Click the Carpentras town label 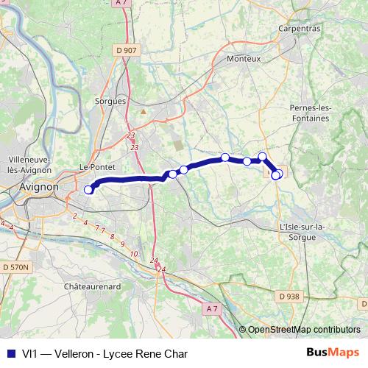[x=300, y=28]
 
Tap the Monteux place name [x=244, y=58]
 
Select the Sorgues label [x=111, y=101]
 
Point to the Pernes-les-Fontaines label [x=311, y=113]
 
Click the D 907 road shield [x=126, y=50]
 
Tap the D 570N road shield [x=15, y=266]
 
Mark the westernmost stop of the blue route [x=88, y=190]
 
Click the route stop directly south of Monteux [x=224, y=157]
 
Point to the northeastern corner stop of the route [x=262, y=156]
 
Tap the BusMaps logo [x=333, y=353]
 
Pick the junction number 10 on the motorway [x=133, y=253]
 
